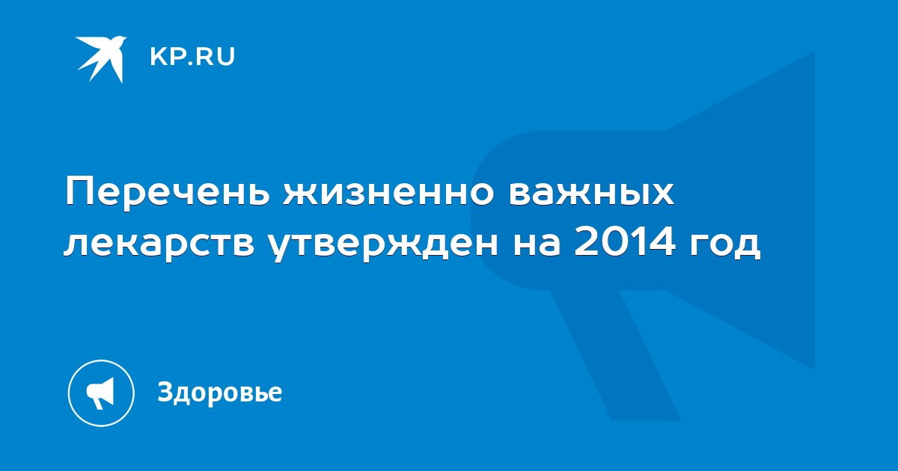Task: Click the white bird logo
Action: tap(101, 59)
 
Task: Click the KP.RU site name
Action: tap(192, 57)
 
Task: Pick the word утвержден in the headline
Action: tap(383, 244)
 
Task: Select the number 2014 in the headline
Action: tap(624, 242)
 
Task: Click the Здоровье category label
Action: tap(220, 392)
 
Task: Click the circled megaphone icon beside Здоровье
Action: tap(101, 393)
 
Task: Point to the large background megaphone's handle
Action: tap(615, 354)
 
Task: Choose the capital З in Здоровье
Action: tap(165, 391)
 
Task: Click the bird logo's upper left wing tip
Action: tap(76, 38)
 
